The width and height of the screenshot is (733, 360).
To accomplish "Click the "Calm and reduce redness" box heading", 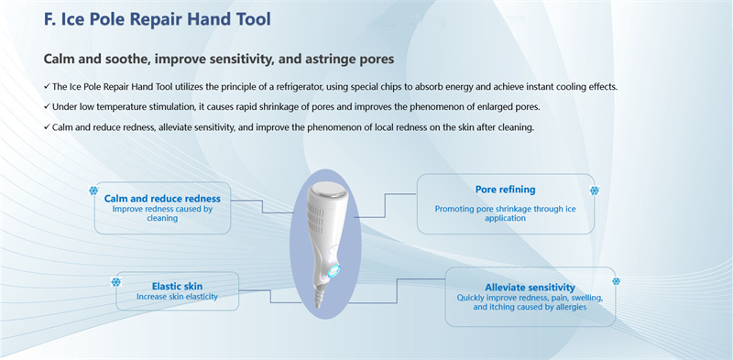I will pos(162,198).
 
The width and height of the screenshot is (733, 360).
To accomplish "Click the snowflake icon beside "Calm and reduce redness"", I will pos(93,191).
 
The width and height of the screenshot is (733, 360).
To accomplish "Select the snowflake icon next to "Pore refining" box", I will pos(595,191).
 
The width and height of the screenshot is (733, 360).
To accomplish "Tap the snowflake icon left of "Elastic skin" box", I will pos(115,282).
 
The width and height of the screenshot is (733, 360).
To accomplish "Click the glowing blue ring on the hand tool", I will pos(333,272).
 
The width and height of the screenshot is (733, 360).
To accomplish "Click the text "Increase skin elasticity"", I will pos(176,297).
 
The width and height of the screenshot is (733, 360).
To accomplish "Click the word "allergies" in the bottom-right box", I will pos(567,307).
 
